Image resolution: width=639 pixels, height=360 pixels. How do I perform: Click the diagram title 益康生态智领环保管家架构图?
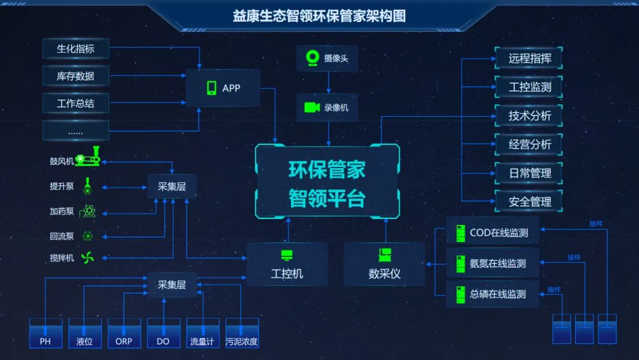click(319, 16)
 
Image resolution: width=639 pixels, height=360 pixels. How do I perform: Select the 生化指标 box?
click(76, 49)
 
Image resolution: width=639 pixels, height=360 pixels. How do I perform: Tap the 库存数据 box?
click(76, 76)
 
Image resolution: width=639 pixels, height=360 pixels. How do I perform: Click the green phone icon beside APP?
click(211, 88)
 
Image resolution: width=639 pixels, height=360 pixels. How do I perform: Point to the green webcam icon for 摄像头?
click(312, 58)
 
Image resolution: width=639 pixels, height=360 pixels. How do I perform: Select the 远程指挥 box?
click(529, 59)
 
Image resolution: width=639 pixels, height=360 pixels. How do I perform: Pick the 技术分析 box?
click(529, 115)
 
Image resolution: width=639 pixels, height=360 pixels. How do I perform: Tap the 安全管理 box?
click(529, 202)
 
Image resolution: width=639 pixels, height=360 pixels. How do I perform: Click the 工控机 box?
click(287, 264)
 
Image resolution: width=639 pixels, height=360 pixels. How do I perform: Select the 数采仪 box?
click(384, 264)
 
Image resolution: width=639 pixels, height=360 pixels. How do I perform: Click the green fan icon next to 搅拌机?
click(88, 258)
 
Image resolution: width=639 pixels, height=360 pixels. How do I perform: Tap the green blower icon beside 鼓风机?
click(88, 158)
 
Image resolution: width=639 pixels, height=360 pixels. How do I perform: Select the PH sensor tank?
click(46, 333)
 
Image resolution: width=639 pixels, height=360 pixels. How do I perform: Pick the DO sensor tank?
click(163, 333)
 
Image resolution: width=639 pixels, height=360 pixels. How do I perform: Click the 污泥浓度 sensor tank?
click(241, 333)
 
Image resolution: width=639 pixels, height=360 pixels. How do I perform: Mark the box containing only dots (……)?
click(76, 131)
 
